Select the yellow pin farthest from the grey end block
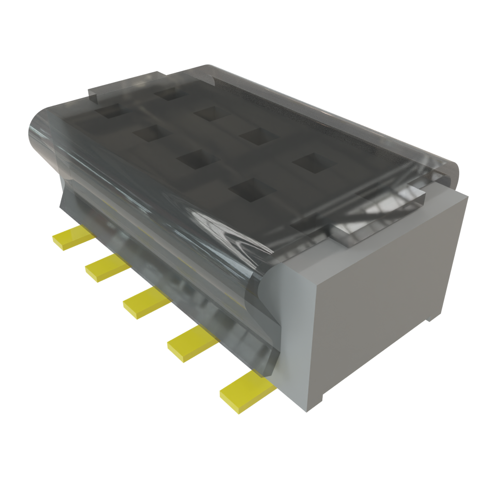(x=73, y=236)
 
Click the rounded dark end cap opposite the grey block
(x=41, y=136)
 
